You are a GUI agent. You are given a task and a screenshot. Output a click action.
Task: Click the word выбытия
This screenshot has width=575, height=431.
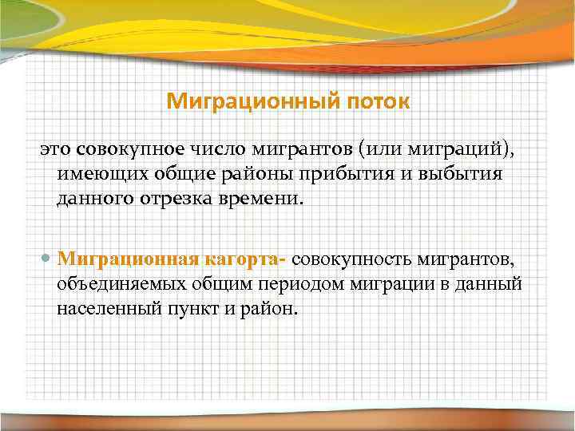(462, 173)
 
